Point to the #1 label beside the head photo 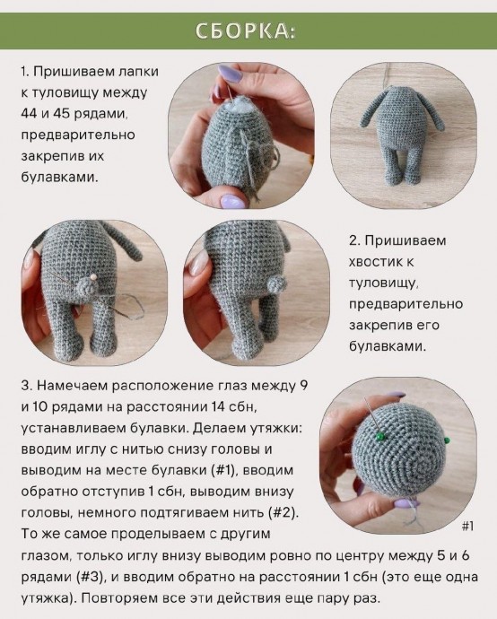point(467,525)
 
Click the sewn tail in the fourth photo point(276,285)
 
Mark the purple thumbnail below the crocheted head point(406,504)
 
